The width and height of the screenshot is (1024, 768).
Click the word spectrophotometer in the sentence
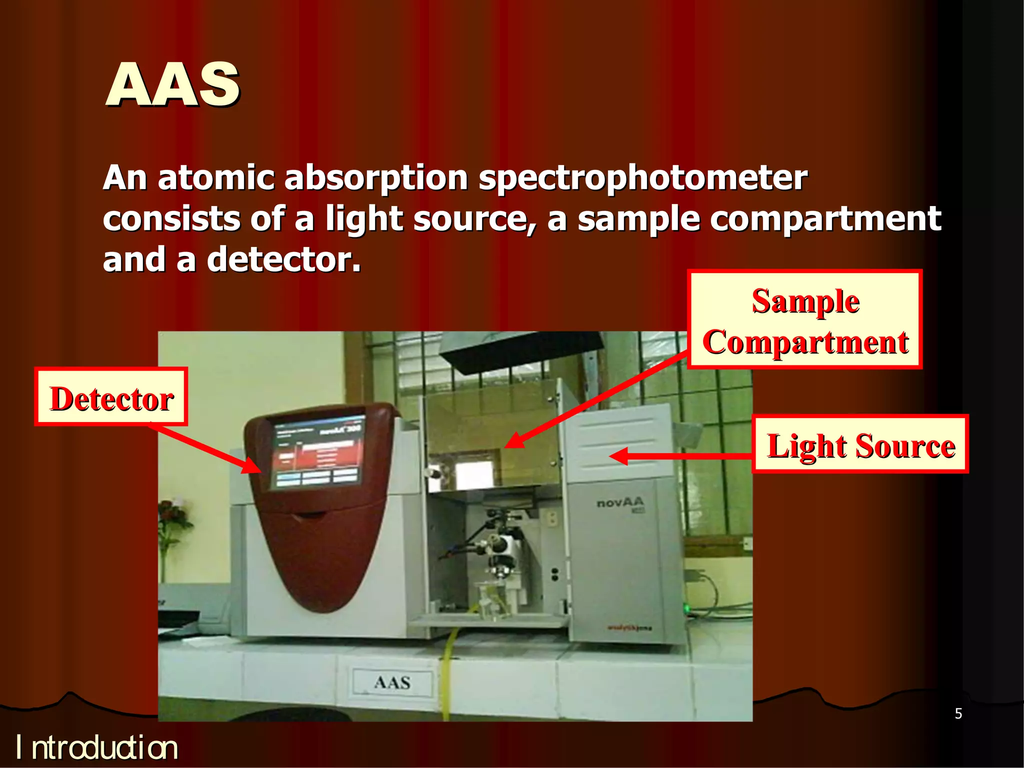coord(642,178)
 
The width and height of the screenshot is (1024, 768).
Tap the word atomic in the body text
coord(216,178)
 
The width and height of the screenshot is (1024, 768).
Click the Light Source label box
coord(860,444)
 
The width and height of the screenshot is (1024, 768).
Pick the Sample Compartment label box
coord(804,320)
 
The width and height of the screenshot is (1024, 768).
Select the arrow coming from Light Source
coord(680,455)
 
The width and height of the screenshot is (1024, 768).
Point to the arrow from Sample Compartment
coord(595,400)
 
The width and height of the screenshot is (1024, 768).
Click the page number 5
coord(958,713)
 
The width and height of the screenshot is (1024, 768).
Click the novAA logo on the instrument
coord(620,502)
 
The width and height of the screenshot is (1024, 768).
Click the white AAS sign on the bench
coord(392,682)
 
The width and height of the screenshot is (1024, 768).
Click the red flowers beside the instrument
coord(172,515)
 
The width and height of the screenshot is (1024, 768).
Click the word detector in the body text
coord(283,260)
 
